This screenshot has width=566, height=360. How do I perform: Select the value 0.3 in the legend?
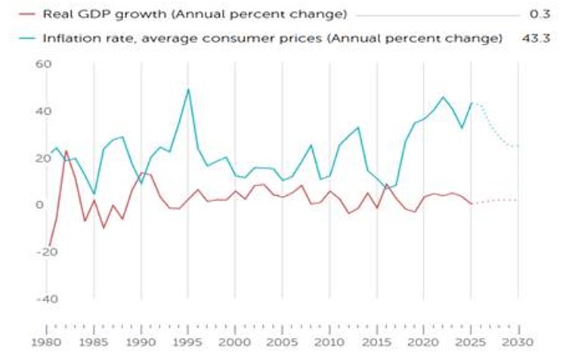(540, 14)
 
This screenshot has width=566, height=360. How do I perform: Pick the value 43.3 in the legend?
(536, 38)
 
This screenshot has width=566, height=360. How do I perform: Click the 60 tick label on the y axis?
(44, 64)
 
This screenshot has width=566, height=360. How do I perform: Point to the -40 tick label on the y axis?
(47, 299)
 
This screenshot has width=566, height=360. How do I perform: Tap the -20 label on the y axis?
(47, 252)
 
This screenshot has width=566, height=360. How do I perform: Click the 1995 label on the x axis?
(187, 342)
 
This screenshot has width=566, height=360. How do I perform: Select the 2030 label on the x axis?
(518, 342)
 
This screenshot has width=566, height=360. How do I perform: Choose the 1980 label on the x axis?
(46, 342)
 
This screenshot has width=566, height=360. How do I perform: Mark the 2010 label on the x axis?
(329, 342)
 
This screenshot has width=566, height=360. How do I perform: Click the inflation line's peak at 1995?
(188, 89)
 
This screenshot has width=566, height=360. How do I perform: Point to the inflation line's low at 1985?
(94, 194)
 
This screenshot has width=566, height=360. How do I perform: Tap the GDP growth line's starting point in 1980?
(48, 246)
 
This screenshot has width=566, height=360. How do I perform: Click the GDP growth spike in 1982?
(66, 151)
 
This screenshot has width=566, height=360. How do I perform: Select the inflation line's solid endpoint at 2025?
(472, 103)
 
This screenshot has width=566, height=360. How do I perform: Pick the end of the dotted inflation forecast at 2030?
(518, 147)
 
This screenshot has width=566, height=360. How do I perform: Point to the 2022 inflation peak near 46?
(444, 97)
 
